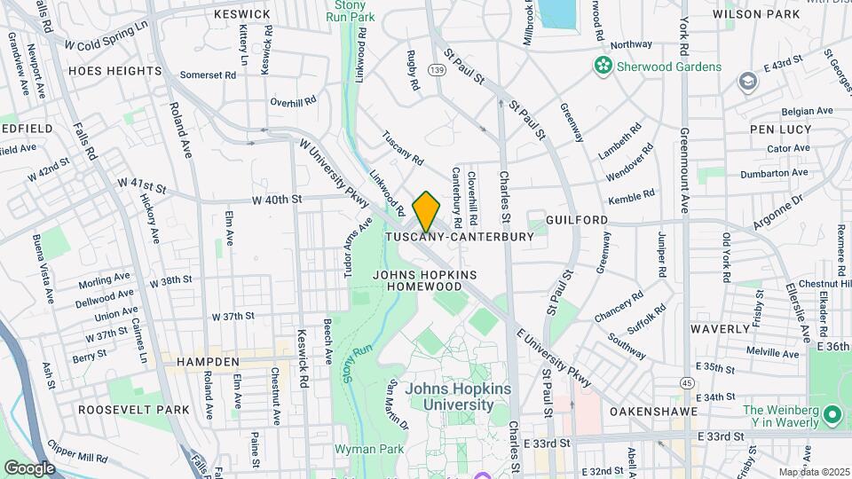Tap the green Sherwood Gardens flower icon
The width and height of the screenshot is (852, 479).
click(603, 66)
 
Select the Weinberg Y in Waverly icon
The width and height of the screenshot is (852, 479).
click(832, 415)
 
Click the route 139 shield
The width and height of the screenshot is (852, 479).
click(436, 68)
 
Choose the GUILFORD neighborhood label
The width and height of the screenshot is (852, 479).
click(577, 219)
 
